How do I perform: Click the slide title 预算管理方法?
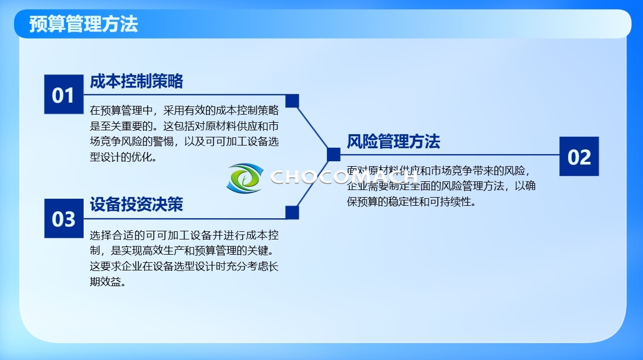(84, 24)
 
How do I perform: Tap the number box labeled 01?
(63, 95)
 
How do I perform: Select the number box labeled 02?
(579, 156)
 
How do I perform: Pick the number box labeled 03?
(63, 218)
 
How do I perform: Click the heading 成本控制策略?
(136, 81)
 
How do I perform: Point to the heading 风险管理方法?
(393, 142)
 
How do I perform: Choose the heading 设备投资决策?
(136, 204)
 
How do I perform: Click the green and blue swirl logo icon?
(244, 178)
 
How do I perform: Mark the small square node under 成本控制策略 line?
(292, 101)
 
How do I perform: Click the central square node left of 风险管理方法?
(333, 155)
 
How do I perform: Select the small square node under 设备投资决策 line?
(292, 212)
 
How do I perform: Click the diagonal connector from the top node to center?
(313, 128)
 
